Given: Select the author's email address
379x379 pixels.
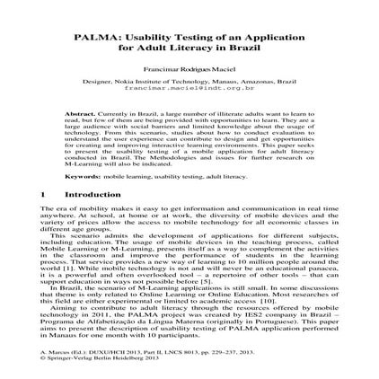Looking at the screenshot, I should (x=189, y=90).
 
